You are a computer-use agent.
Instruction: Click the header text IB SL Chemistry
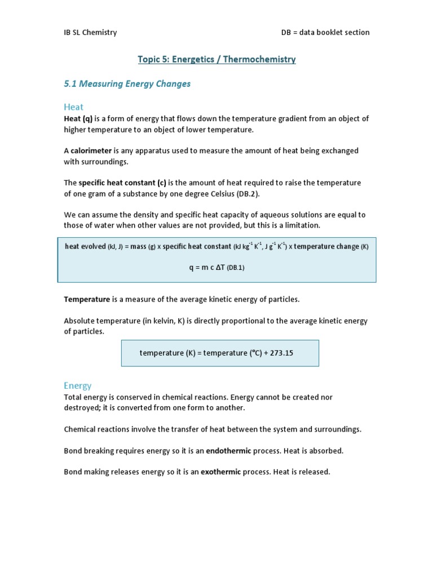click(x=90, y=32)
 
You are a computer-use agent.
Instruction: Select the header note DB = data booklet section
click(x=325, y=32)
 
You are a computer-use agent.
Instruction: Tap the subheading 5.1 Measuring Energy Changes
click(x=127, y=84)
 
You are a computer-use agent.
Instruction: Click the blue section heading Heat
click(x=73, y=107)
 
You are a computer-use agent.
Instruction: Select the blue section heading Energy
click(x=77, y=386)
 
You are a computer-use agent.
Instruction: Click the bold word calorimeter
click(x=91, y=151)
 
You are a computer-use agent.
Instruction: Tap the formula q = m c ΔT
click(x=207, y=268)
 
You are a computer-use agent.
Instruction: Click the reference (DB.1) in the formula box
click(x=236, y=268)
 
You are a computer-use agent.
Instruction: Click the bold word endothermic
click(x=228, y=451)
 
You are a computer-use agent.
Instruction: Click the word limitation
click(x=300, y=225)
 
